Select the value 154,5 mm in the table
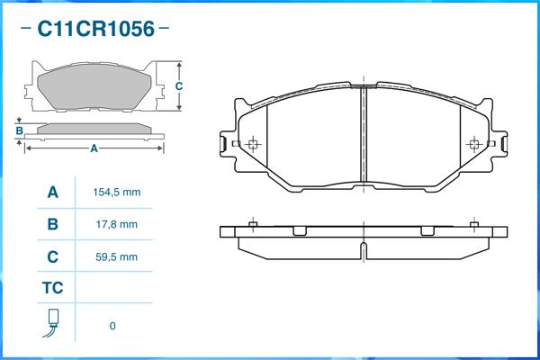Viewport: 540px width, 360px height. (x=116, y=193)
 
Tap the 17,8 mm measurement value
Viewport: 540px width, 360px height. (x=116, y=224)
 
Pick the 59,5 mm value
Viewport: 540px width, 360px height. (x=116, y=256)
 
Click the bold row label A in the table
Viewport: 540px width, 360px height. (x=53, y=193)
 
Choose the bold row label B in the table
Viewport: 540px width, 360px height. (x=53, y=224)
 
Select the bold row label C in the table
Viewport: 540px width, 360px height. (x=53, y=256)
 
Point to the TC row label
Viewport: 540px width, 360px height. (x=53, y=289)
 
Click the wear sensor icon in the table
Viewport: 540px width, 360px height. (x=53, y=323)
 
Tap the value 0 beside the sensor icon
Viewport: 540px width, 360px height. (x=112, y=326)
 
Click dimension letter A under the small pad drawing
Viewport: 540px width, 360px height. (x=94, y=149)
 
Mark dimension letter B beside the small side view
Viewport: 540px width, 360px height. (x=19, y=131)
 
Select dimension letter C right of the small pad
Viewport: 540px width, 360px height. (x=179, y=86)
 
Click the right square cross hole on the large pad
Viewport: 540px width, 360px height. (x=476, y=143)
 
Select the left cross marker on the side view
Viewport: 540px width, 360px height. (x=254, y=223)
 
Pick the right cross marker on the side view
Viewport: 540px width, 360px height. (x=476, y=223)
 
